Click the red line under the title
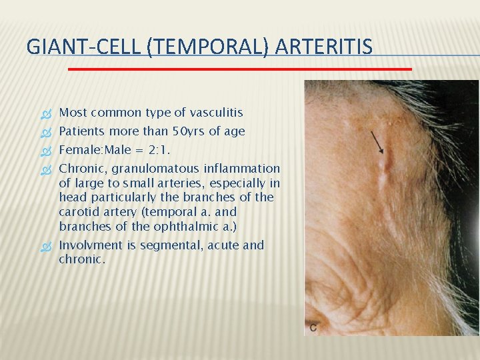(x=240, y=68)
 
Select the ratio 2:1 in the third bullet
(x=152, y=150)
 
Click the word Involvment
(x=90, y=245)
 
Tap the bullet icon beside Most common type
(x=46, y=113)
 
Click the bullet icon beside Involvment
(x=46, y=245)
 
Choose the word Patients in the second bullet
(x=82, y=131)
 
